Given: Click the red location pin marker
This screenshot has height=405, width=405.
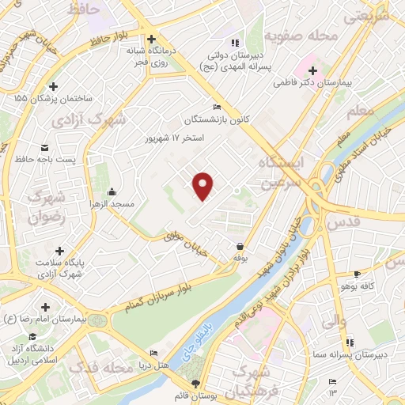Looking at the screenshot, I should [204, 186].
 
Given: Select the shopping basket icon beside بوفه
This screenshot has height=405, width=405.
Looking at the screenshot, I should [240, 246].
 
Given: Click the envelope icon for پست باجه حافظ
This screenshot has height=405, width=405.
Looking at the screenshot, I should [44, 147].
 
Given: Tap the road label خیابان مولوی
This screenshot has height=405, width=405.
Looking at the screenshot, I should [186, 242].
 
